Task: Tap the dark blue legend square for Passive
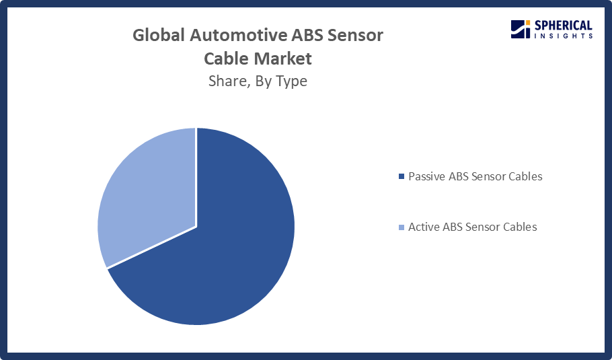[x=401, y=176]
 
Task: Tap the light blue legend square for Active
[x=401, y=227]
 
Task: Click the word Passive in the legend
[x=427, y=176]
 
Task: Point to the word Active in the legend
[x=424, y=227]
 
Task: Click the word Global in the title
[x=159, y=35]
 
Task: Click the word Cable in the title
[x=228, y=59]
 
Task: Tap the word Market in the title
[x=285, y=59]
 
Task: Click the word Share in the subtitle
[x=229, y=81]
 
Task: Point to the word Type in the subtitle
[x=292, y=81]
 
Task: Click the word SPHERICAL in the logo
[x=563, y=26]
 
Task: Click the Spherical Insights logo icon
[x=521, y=30]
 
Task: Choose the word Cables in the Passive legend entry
[x=525, y=176]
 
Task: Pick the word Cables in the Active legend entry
[x=520, y=227]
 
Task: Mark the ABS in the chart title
[x=307, y=35]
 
